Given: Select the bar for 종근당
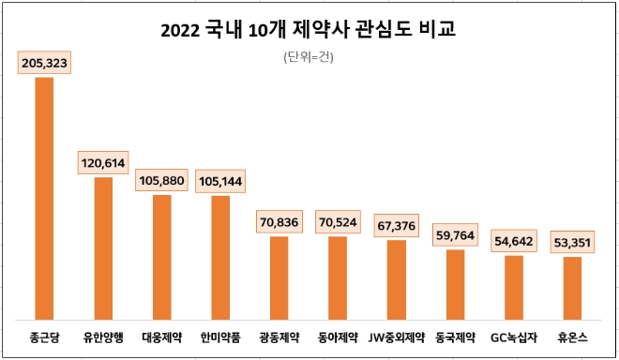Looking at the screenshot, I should (44, 198).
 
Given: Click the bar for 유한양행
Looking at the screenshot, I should (103, 247).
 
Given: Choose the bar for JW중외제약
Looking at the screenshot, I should (397, 279).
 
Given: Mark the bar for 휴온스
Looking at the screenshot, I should (572, 287).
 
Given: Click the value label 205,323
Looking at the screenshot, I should (44, 63).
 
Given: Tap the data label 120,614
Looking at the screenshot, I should (103, 163).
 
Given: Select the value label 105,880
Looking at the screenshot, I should (161, 180).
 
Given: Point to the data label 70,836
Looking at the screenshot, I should (279, 222).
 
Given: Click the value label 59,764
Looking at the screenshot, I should (455, 234).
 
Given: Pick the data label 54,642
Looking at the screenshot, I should (513, 241).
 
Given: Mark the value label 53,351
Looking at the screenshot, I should (572, 242).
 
